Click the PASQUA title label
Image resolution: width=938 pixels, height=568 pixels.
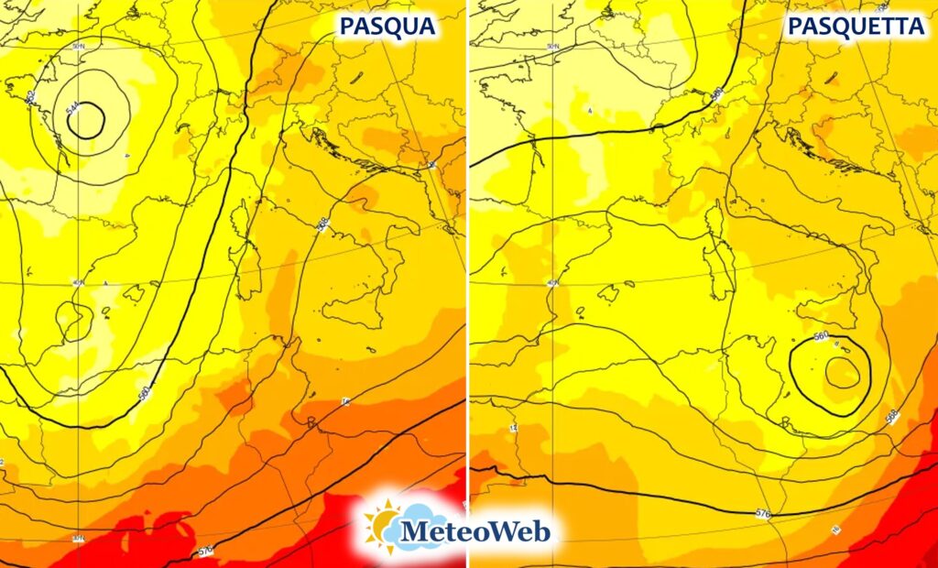click(386, 27)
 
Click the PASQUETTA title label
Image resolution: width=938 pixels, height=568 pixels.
click(856, 27)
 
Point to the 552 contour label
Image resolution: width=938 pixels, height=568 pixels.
click(30, 96)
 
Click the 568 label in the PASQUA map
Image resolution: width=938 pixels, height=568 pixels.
click(322, 224)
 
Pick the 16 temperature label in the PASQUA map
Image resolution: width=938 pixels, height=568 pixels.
click(345, 402)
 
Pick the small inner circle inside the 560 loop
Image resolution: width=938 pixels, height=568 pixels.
click(842, 372)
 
